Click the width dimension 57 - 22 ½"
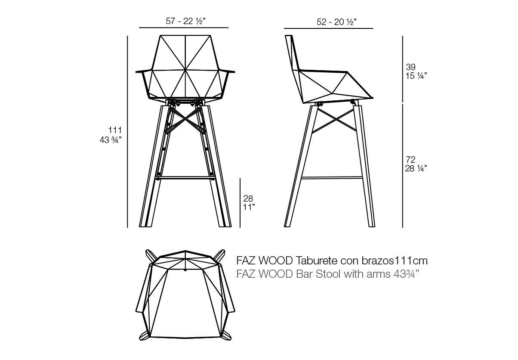click(184, 21)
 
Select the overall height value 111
click(116, 130)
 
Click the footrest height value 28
click(248, 199)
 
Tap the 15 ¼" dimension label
click(416, 76)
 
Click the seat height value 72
click(410, 160)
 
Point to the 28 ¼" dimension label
click(416, 168)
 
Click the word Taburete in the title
click(316, 261)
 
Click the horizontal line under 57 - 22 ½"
click(184, 28)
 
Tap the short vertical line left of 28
click(240, 202)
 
